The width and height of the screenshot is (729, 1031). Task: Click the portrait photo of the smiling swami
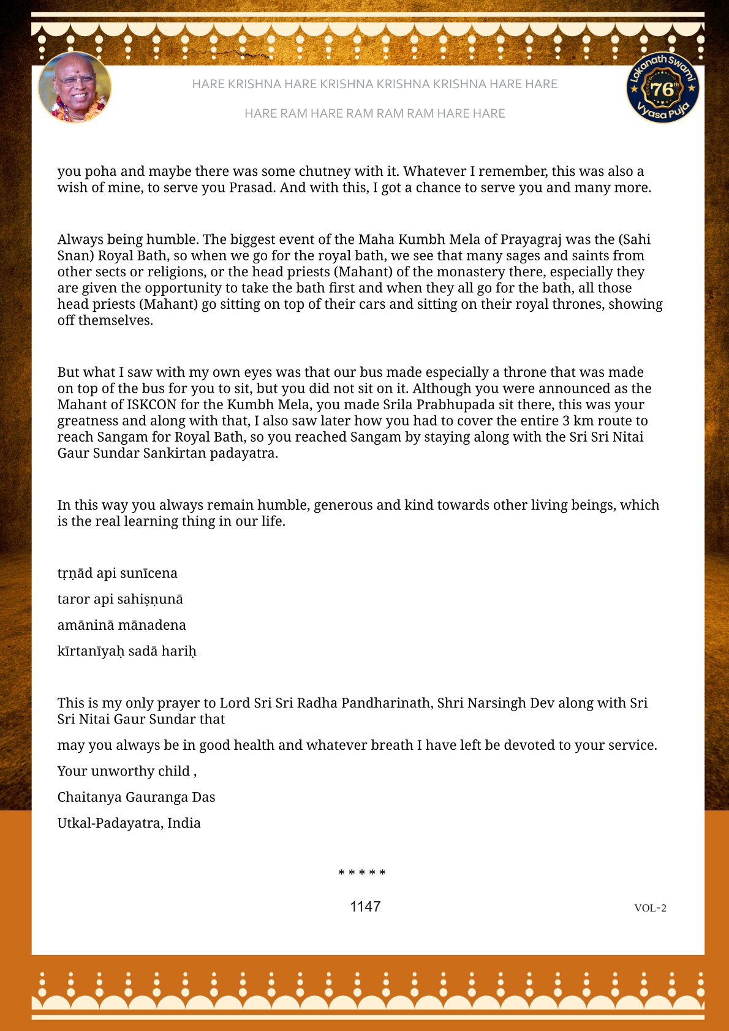(x=75, y=87)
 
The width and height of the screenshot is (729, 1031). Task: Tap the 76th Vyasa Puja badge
(x=663, y=87)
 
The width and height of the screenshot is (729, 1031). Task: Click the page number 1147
(x=365, y=907)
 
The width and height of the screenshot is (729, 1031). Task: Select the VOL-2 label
(x=650, y=908)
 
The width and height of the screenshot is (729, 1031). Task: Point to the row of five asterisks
(x=362, y=873)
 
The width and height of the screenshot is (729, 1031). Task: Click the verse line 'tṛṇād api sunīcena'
(x=117, y=573)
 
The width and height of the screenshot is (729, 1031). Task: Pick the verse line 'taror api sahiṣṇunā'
(x=120, y=599)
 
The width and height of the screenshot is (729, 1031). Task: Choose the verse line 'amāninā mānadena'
(x=121, y=625)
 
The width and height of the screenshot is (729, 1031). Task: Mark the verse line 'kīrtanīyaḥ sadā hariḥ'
(x=127, y=651)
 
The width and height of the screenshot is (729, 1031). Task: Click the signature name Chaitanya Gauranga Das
(x=136, y=797)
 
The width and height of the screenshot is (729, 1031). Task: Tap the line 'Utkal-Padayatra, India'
(x=129, y=823)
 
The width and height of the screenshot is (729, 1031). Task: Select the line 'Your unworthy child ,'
(x=127, y=771)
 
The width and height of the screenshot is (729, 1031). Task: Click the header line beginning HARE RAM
(x=374, y=113)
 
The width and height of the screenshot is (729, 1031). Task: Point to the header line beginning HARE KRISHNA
(x=374, y=84)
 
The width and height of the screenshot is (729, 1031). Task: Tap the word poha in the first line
(x=97, y=172)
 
